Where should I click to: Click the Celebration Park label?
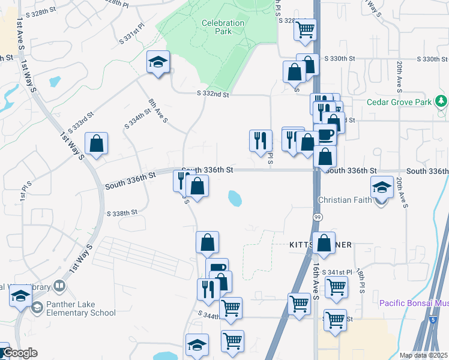point(223,28)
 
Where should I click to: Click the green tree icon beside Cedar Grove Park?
point(442,101)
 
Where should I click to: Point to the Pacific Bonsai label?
point(413,303)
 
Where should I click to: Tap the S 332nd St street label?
point(213,94)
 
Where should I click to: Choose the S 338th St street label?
point(122,213)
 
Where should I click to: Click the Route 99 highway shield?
point(316,215)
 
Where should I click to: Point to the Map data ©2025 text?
point(423,355)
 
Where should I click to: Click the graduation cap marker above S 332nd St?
point(158,62)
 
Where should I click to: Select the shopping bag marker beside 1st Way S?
point(96,144)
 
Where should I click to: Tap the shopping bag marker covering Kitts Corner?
point(324,244)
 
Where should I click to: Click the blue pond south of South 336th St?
point(235,197)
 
